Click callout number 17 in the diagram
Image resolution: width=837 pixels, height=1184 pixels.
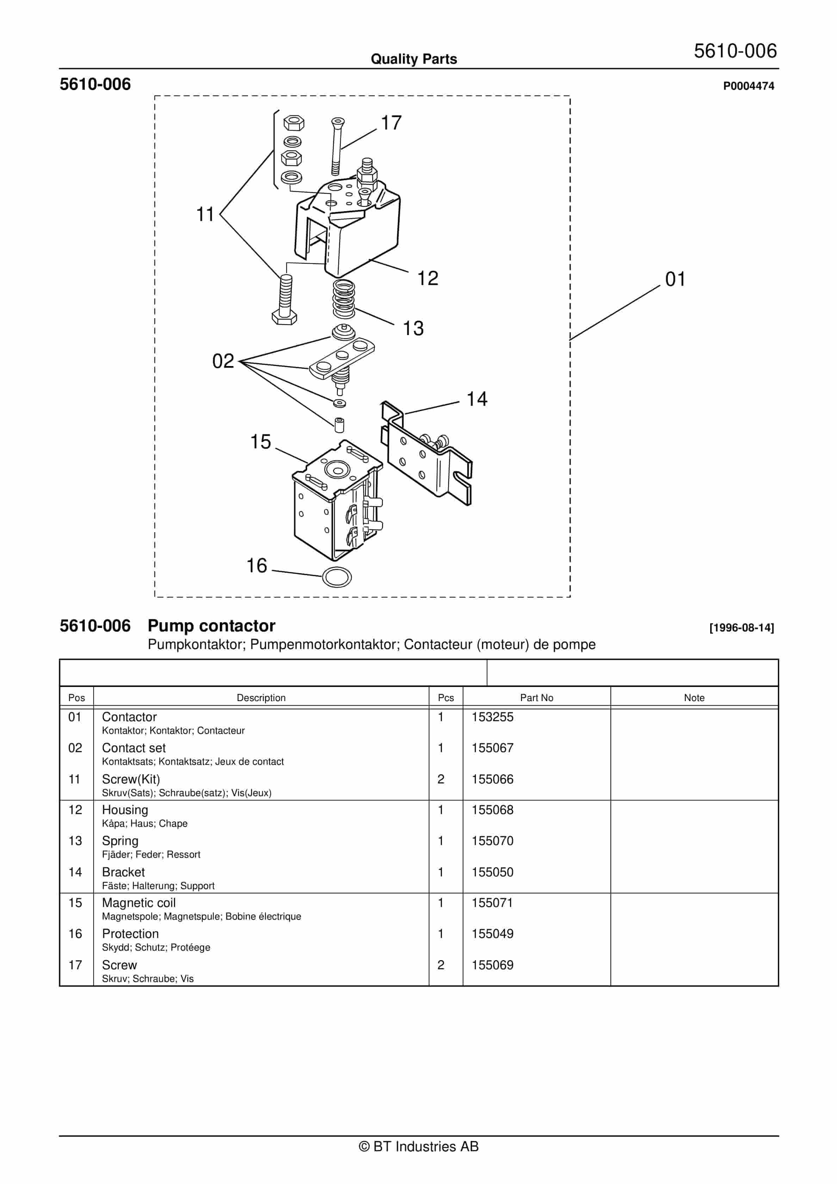pos(391,123)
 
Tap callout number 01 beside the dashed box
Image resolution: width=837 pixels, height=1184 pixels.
pos(675,279)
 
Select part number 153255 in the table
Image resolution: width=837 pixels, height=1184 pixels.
pos(492,717)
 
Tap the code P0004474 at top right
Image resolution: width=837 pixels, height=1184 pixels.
pos(748,86)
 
